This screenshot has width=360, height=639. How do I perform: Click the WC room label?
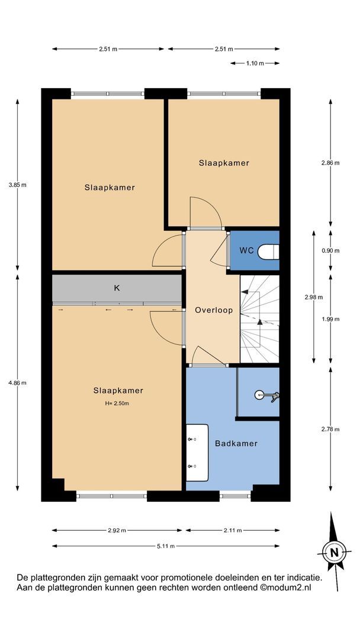246,251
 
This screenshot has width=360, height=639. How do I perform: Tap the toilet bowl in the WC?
269,251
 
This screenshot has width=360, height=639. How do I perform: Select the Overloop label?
214,310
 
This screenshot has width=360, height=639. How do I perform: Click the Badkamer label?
236,443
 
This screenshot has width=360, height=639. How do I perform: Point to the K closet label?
117,288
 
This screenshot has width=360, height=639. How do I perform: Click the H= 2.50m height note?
117,404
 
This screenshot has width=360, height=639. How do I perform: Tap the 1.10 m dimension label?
255,63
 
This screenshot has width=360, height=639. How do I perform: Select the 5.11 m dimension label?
166,546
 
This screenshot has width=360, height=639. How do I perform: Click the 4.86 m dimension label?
18,383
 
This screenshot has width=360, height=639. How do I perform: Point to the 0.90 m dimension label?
330,251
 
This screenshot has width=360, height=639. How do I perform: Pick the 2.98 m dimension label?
314,297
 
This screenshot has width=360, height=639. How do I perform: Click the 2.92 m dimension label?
117,530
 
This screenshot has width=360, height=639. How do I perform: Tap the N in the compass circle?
335,553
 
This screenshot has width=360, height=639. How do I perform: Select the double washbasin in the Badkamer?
197,453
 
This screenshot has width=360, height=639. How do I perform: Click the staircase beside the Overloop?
259,319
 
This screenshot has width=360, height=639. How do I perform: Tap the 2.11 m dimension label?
232,530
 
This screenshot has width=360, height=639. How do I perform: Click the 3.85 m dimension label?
18,185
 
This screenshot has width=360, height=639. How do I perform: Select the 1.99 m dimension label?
330,319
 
